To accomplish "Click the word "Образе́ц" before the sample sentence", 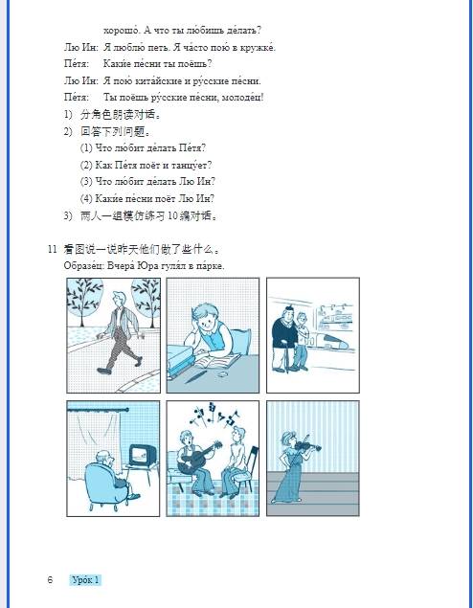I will pyautogui.click(x=82, y=264).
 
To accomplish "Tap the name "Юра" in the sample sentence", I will pyautogui.click(x=144, y=264).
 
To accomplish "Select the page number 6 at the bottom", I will pyautogui.click(x=50, y=580).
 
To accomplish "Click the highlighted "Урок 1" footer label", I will pyautogui.click(x=85, y=580).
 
